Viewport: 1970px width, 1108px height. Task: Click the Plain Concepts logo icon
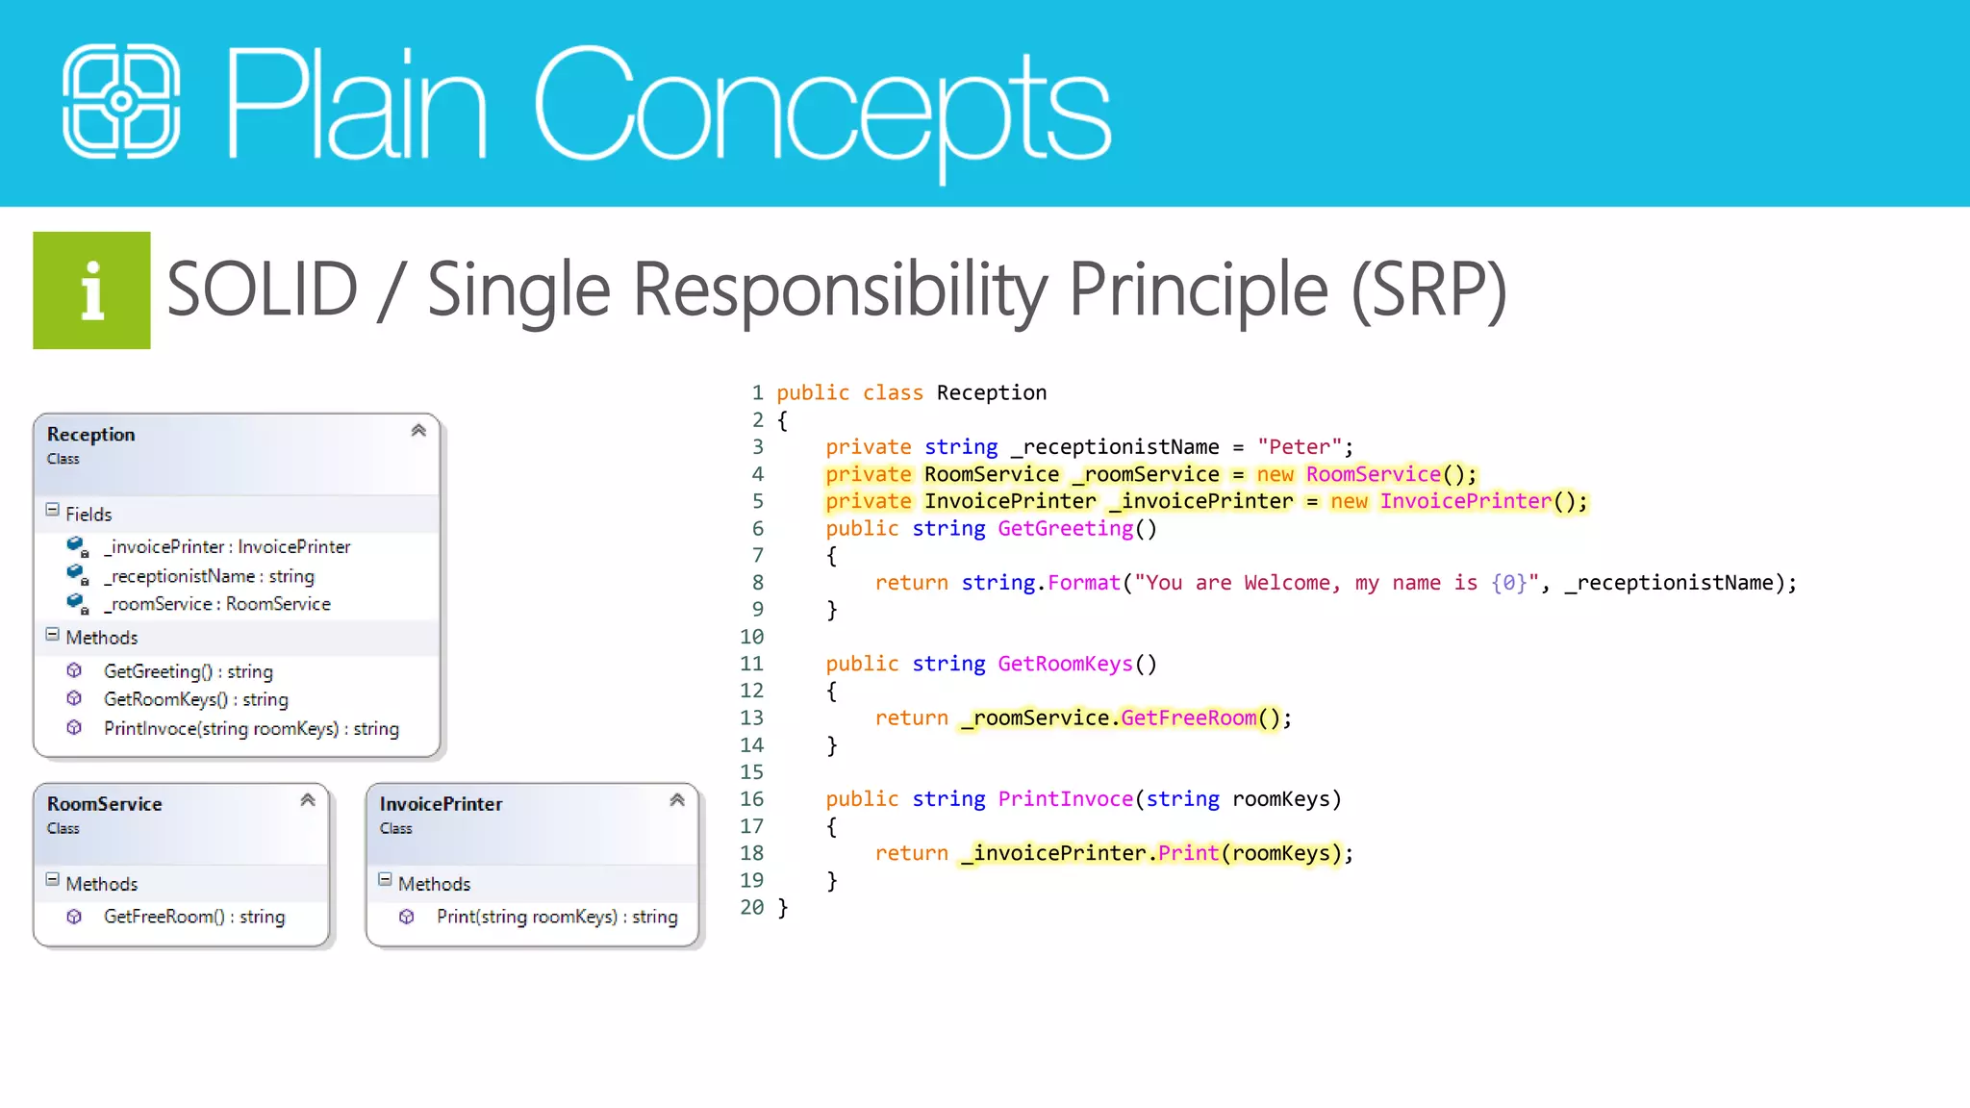click(121, 101)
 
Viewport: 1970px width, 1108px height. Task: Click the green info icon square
click(91, 290)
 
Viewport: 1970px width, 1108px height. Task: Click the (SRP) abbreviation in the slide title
click(1428, 290)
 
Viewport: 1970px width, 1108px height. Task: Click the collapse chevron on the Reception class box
click(418, 431)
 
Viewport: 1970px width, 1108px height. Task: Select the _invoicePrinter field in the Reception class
click(228, 547)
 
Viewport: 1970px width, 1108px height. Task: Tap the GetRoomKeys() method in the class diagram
click(195, 700)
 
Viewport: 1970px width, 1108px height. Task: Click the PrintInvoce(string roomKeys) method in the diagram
click(251, 729)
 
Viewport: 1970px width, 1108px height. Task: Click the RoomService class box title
click(104, 804)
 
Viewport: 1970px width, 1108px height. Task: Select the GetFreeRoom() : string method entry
click(193, 918)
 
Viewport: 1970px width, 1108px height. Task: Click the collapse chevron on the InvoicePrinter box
click(677, 800)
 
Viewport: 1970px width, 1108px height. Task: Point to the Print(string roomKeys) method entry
click(556, 918)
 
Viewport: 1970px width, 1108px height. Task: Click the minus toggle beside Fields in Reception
click(53, 511)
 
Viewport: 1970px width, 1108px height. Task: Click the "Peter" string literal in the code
click(1299, 447)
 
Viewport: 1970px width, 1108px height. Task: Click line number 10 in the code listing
click(751, 637)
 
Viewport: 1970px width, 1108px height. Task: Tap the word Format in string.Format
click(1083, 583)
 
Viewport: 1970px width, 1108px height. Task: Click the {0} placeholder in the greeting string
click(1508, 583)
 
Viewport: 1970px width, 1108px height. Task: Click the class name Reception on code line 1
click(991, 393)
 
